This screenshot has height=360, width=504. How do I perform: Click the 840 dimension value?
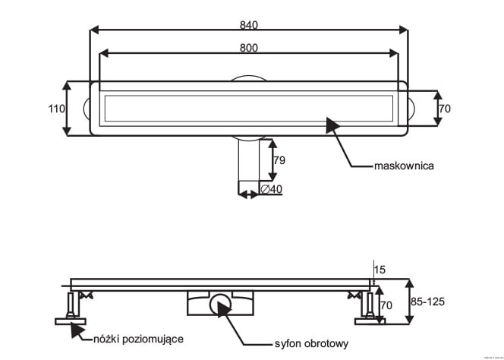248,24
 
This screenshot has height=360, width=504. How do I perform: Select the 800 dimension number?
248,48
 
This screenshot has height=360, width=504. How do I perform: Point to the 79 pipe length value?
279,160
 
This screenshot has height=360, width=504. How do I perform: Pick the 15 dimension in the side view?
381,270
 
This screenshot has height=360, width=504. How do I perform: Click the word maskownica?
403,166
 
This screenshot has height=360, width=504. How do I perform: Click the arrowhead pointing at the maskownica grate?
332,125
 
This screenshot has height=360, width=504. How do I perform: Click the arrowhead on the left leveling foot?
76,327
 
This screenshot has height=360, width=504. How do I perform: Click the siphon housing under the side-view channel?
219,303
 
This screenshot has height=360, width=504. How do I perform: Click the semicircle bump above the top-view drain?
248,77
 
